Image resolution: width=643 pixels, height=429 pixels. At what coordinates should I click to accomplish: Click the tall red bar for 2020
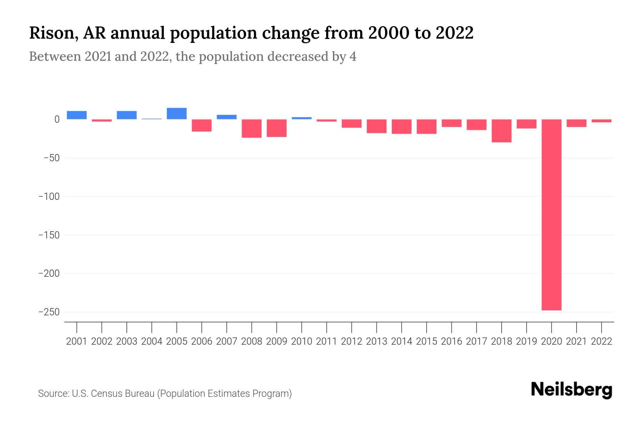coord(551,214)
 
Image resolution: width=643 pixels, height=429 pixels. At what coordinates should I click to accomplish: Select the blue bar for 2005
coord(176,114)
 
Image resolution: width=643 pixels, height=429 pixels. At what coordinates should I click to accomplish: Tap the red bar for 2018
coord(501,131)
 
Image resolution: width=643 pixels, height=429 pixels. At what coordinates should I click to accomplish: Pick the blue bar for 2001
coord(77,115)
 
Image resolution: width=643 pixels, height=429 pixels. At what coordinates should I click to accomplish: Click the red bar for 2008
coord(251,128)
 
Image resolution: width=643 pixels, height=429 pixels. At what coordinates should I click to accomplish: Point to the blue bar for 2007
coord(226,117)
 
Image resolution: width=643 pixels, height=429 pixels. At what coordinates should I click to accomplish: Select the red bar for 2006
coord(201,125)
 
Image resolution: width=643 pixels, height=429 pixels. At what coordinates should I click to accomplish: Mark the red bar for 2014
coord(402,127)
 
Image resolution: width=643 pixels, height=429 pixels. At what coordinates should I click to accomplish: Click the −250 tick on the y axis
coord(49,312)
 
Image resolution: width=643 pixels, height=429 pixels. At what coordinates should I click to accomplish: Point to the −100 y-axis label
coord(49,197)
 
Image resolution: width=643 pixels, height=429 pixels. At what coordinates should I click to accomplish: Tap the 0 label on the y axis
coord(56,119)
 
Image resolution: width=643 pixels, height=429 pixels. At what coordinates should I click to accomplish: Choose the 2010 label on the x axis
coord(301,341)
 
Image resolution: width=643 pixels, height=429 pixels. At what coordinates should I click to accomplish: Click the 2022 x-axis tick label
coord(602,341)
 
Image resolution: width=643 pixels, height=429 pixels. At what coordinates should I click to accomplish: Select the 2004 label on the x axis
coord(151,341)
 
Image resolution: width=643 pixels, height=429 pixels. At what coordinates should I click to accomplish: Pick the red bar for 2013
coord(377,126)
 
